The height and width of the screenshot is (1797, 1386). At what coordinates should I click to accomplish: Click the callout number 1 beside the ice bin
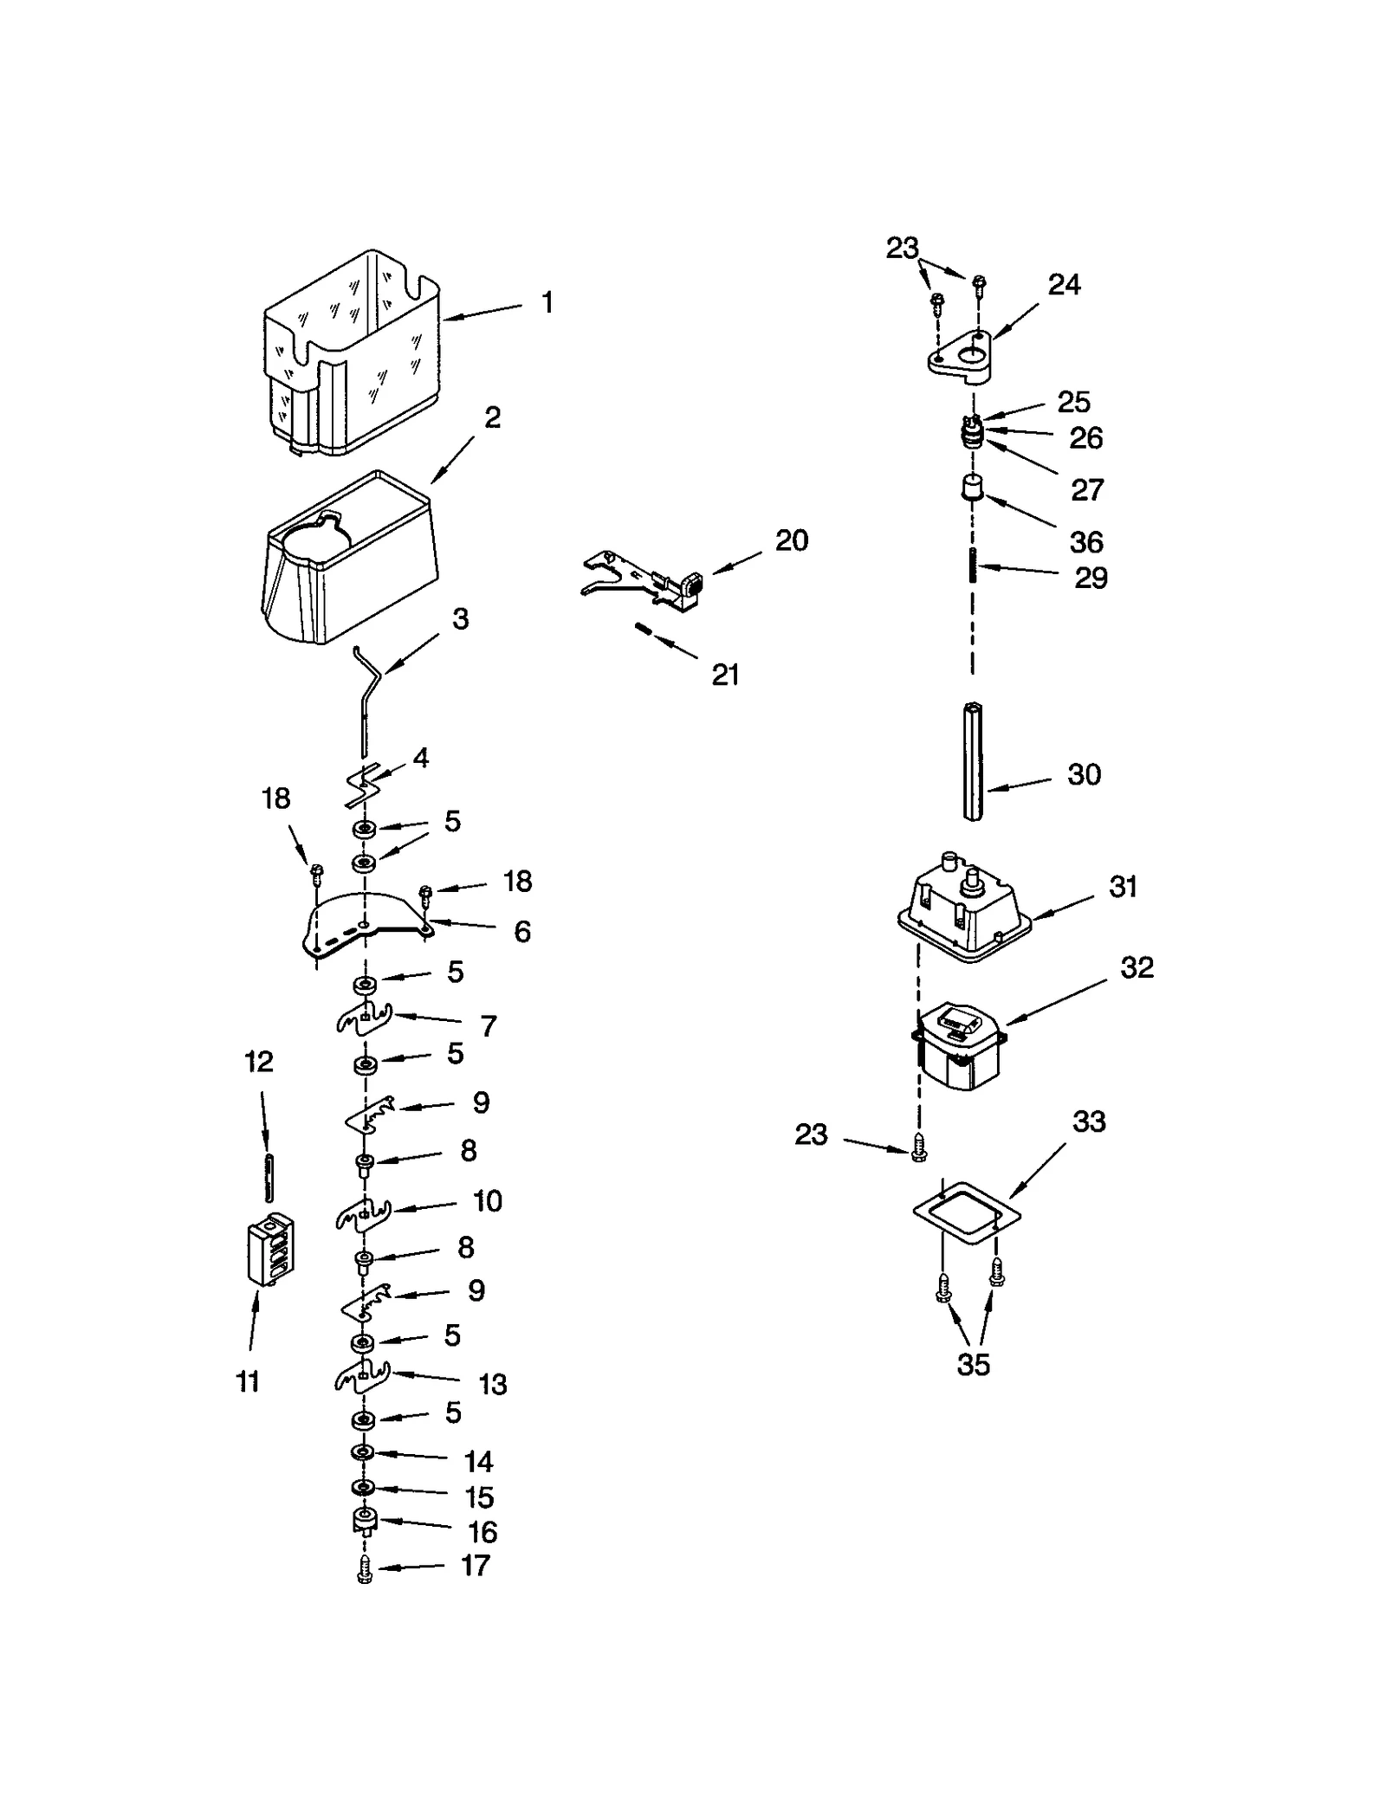547,302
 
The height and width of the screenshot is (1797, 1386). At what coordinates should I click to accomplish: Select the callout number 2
492,417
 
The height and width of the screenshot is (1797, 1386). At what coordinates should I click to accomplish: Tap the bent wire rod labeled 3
367,693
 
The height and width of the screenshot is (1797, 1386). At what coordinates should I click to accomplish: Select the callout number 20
791,540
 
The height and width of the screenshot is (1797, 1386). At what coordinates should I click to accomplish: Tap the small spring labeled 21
644,630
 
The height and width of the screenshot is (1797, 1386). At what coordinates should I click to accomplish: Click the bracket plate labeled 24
960,355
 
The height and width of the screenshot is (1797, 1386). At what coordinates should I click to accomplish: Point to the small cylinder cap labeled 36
972,489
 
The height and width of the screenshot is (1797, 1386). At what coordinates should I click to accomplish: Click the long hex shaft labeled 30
972,762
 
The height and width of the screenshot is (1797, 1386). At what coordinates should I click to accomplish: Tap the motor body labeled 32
960,1048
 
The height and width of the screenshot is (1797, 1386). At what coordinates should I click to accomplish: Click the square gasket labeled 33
966,1213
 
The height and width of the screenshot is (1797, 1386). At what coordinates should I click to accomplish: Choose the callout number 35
973,1365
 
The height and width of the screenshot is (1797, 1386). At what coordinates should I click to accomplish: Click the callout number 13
492,1384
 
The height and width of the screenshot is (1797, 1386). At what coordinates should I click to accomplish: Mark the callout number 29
1091,578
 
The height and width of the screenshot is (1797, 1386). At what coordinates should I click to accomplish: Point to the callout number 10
487,1201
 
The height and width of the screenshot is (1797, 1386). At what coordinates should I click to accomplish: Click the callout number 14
478,1462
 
